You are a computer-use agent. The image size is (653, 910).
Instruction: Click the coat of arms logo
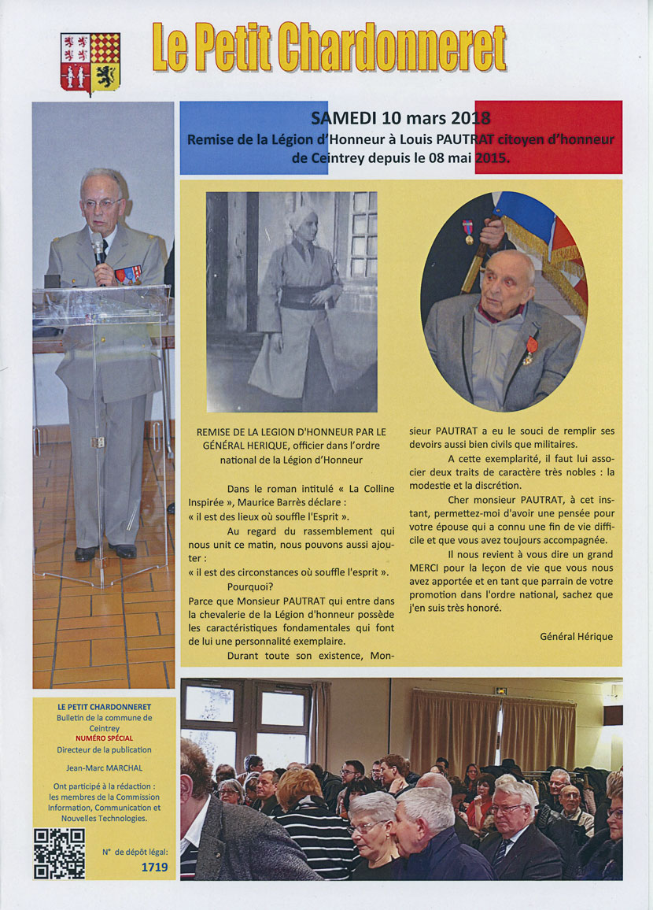90,62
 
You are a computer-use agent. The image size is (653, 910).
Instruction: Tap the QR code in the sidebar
59,853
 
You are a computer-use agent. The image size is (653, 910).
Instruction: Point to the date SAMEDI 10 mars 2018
400,119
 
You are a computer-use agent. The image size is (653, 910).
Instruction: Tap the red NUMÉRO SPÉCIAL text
104,738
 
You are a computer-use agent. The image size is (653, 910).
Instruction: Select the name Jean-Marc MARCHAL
104,768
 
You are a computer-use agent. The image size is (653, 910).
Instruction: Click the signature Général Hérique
576,636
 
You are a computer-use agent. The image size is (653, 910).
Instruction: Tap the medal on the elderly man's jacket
531,347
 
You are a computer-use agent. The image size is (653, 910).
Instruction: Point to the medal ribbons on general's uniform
128,275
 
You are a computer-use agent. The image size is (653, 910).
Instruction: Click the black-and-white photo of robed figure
291,301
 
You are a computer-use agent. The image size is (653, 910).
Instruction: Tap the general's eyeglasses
103,204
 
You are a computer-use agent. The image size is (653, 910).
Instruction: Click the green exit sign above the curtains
500,690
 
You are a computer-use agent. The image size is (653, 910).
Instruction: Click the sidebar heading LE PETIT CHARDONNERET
104,707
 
